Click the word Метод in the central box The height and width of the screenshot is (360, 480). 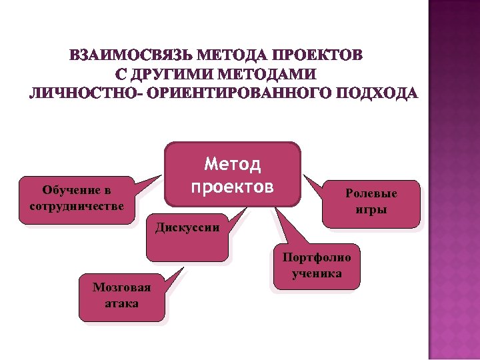[x=232, y=164]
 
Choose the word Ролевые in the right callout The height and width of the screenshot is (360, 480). [x=371, y=193]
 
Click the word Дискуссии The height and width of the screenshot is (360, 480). [x=187, y=227]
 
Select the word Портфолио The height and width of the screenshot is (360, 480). [x=317, y=257]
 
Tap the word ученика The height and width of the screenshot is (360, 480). [x=317, y=273]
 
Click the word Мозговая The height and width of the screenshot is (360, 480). [x=122, y=288]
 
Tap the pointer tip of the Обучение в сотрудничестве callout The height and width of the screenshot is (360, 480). [x=163, y=175]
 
